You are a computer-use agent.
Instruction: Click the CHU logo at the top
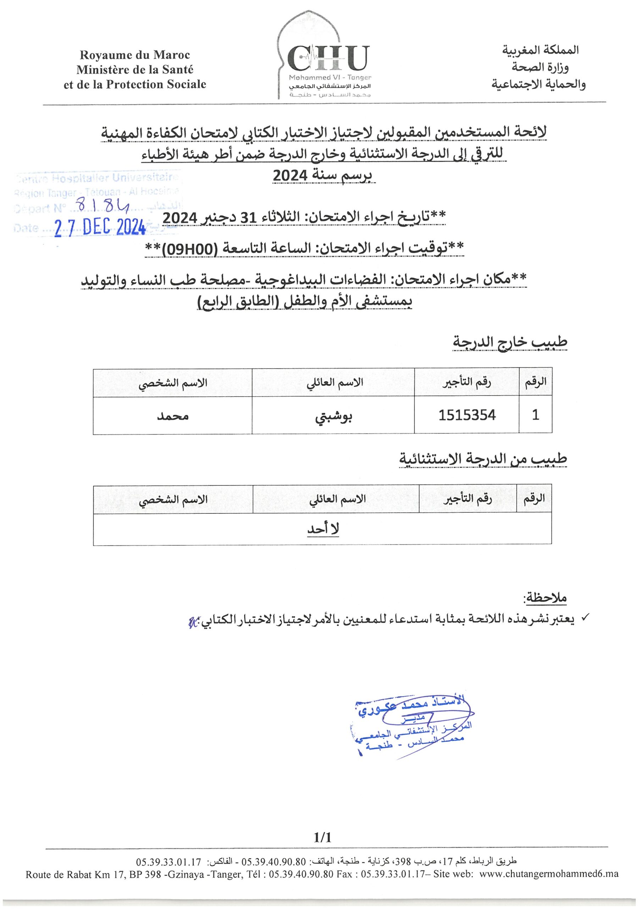[x=328, y=59]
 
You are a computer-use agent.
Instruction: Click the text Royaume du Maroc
[x=134, y=55]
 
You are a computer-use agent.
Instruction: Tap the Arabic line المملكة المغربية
[x=540, y=50]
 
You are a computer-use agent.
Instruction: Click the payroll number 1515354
[x=467, y=415]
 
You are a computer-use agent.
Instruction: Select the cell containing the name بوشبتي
[x=333, y=416]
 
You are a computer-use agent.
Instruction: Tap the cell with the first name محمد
[x=172, y=416]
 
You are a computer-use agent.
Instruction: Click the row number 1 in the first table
[x=535, y=415]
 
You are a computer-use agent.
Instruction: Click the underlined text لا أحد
[x=323, y=529]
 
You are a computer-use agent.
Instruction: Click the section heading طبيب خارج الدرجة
[x=510, y=342]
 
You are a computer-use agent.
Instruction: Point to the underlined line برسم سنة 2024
[x=324, y=175]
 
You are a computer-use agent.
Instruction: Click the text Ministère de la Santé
[x=135, y=70]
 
